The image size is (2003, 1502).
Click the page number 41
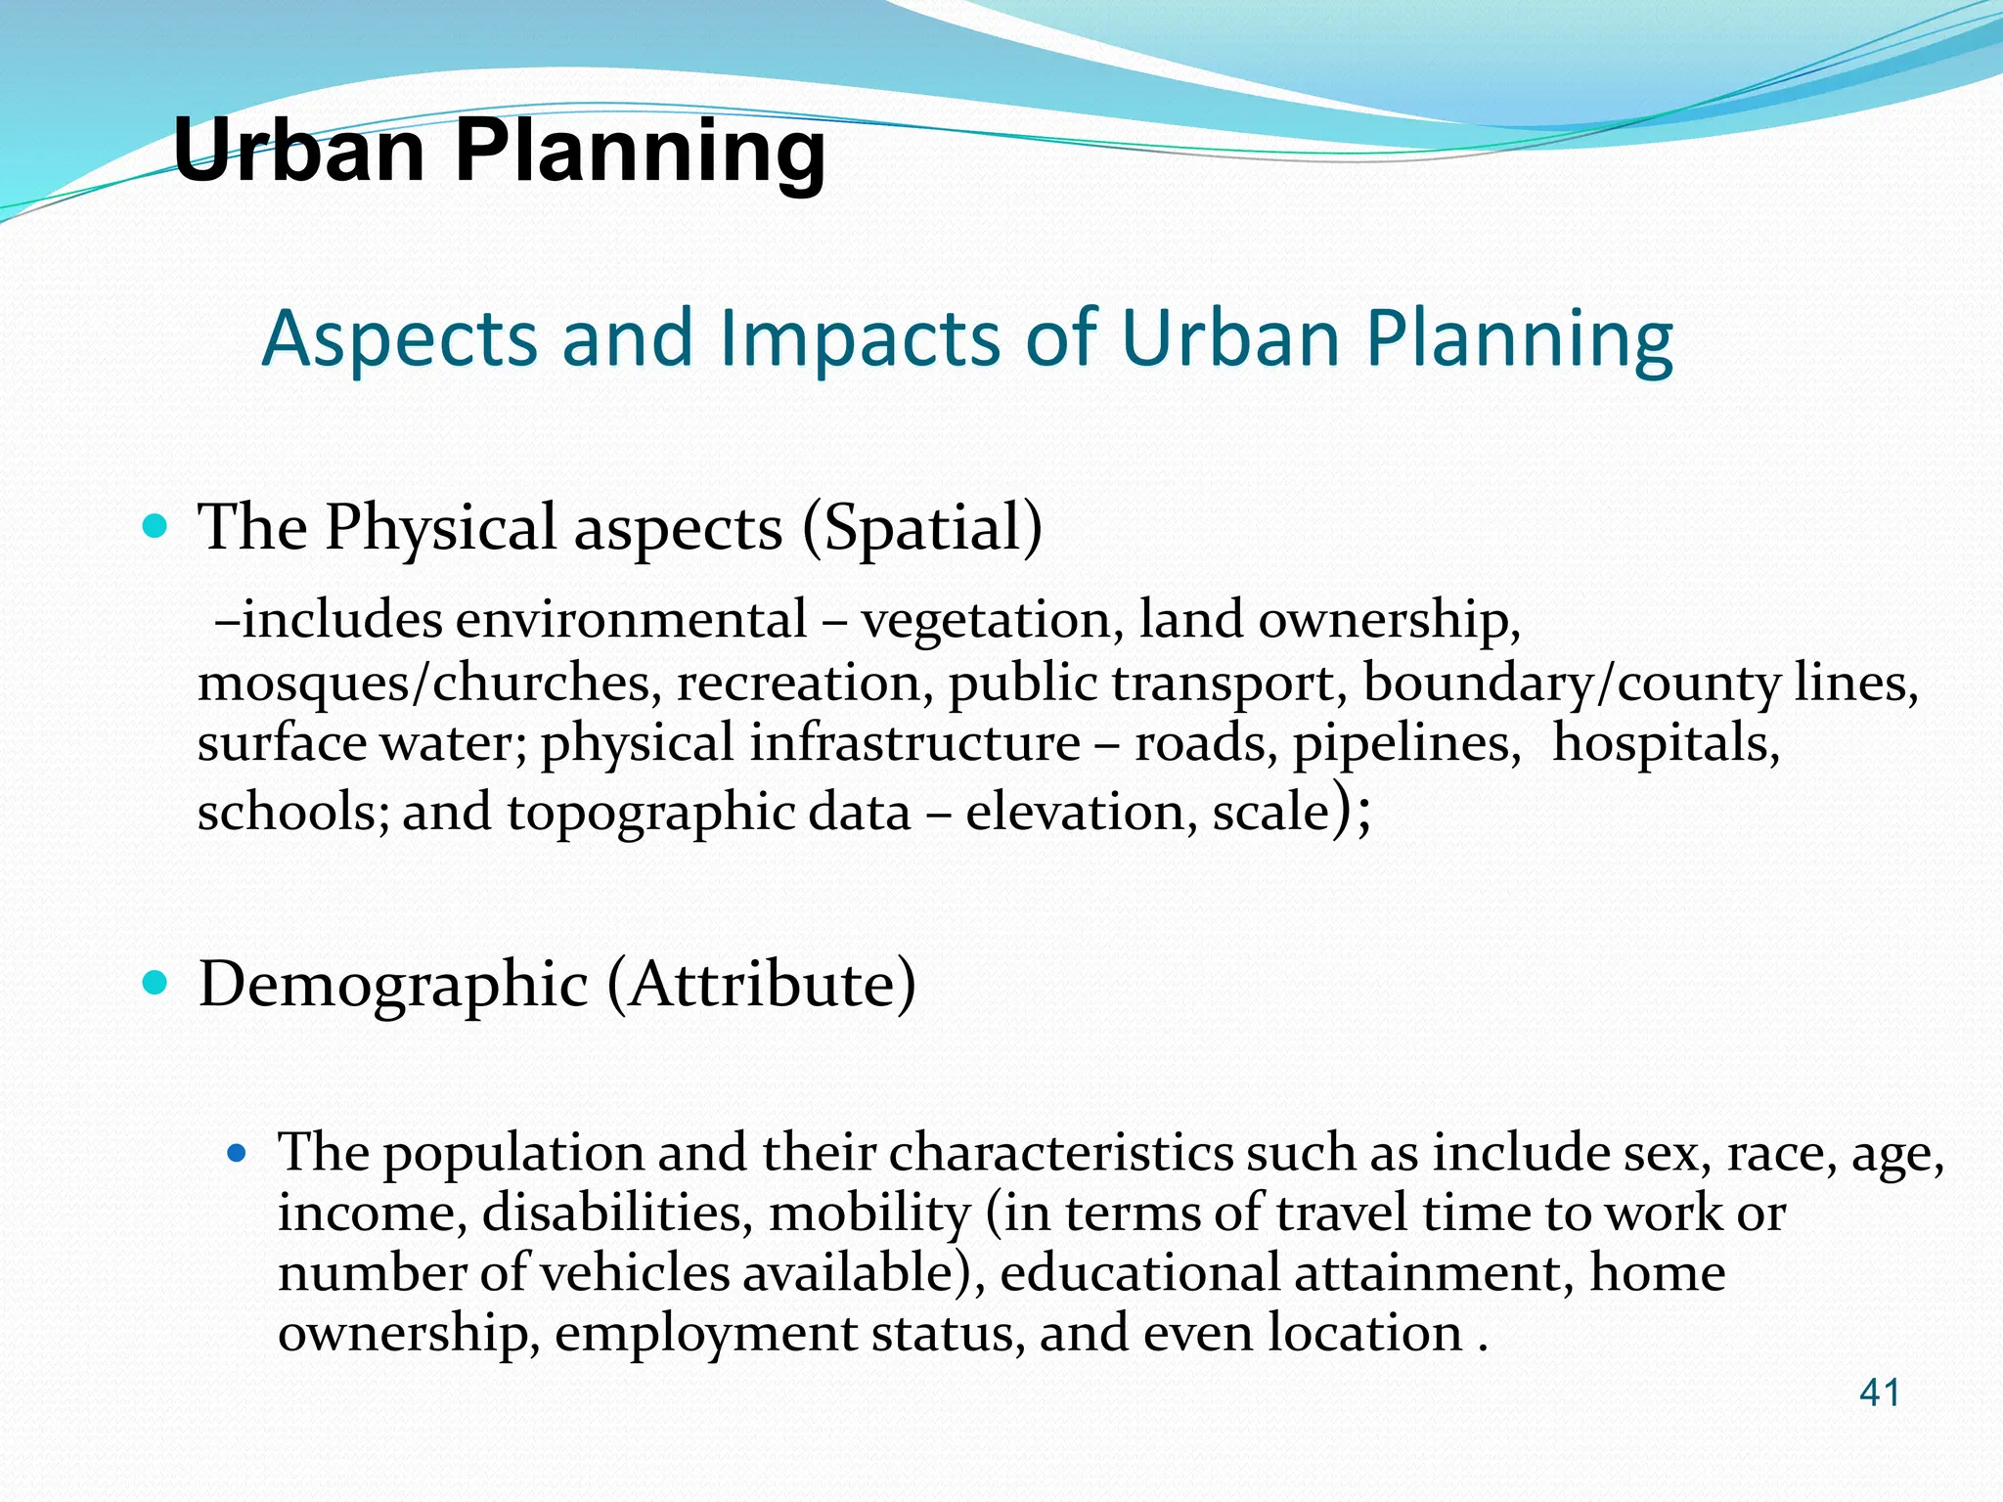[1879, 1392]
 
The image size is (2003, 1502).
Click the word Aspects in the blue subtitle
[400, 338]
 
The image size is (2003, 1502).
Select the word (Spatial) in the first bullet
[922, 528]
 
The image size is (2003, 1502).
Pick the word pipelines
[1406, 743]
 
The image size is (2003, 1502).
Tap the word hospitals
[1666, 743]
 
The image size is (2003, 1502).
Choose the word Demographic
[393, 984]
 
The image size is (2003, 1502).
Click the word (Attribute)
[762, 984]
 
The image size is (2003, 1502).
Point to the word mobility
[869, 1214]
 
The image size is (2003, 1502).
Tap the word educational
[1139, 1273]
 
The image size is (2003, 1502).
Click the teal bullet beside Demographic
[156, 982]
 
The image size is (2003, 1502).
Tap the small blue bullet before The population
[236, 1153]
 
